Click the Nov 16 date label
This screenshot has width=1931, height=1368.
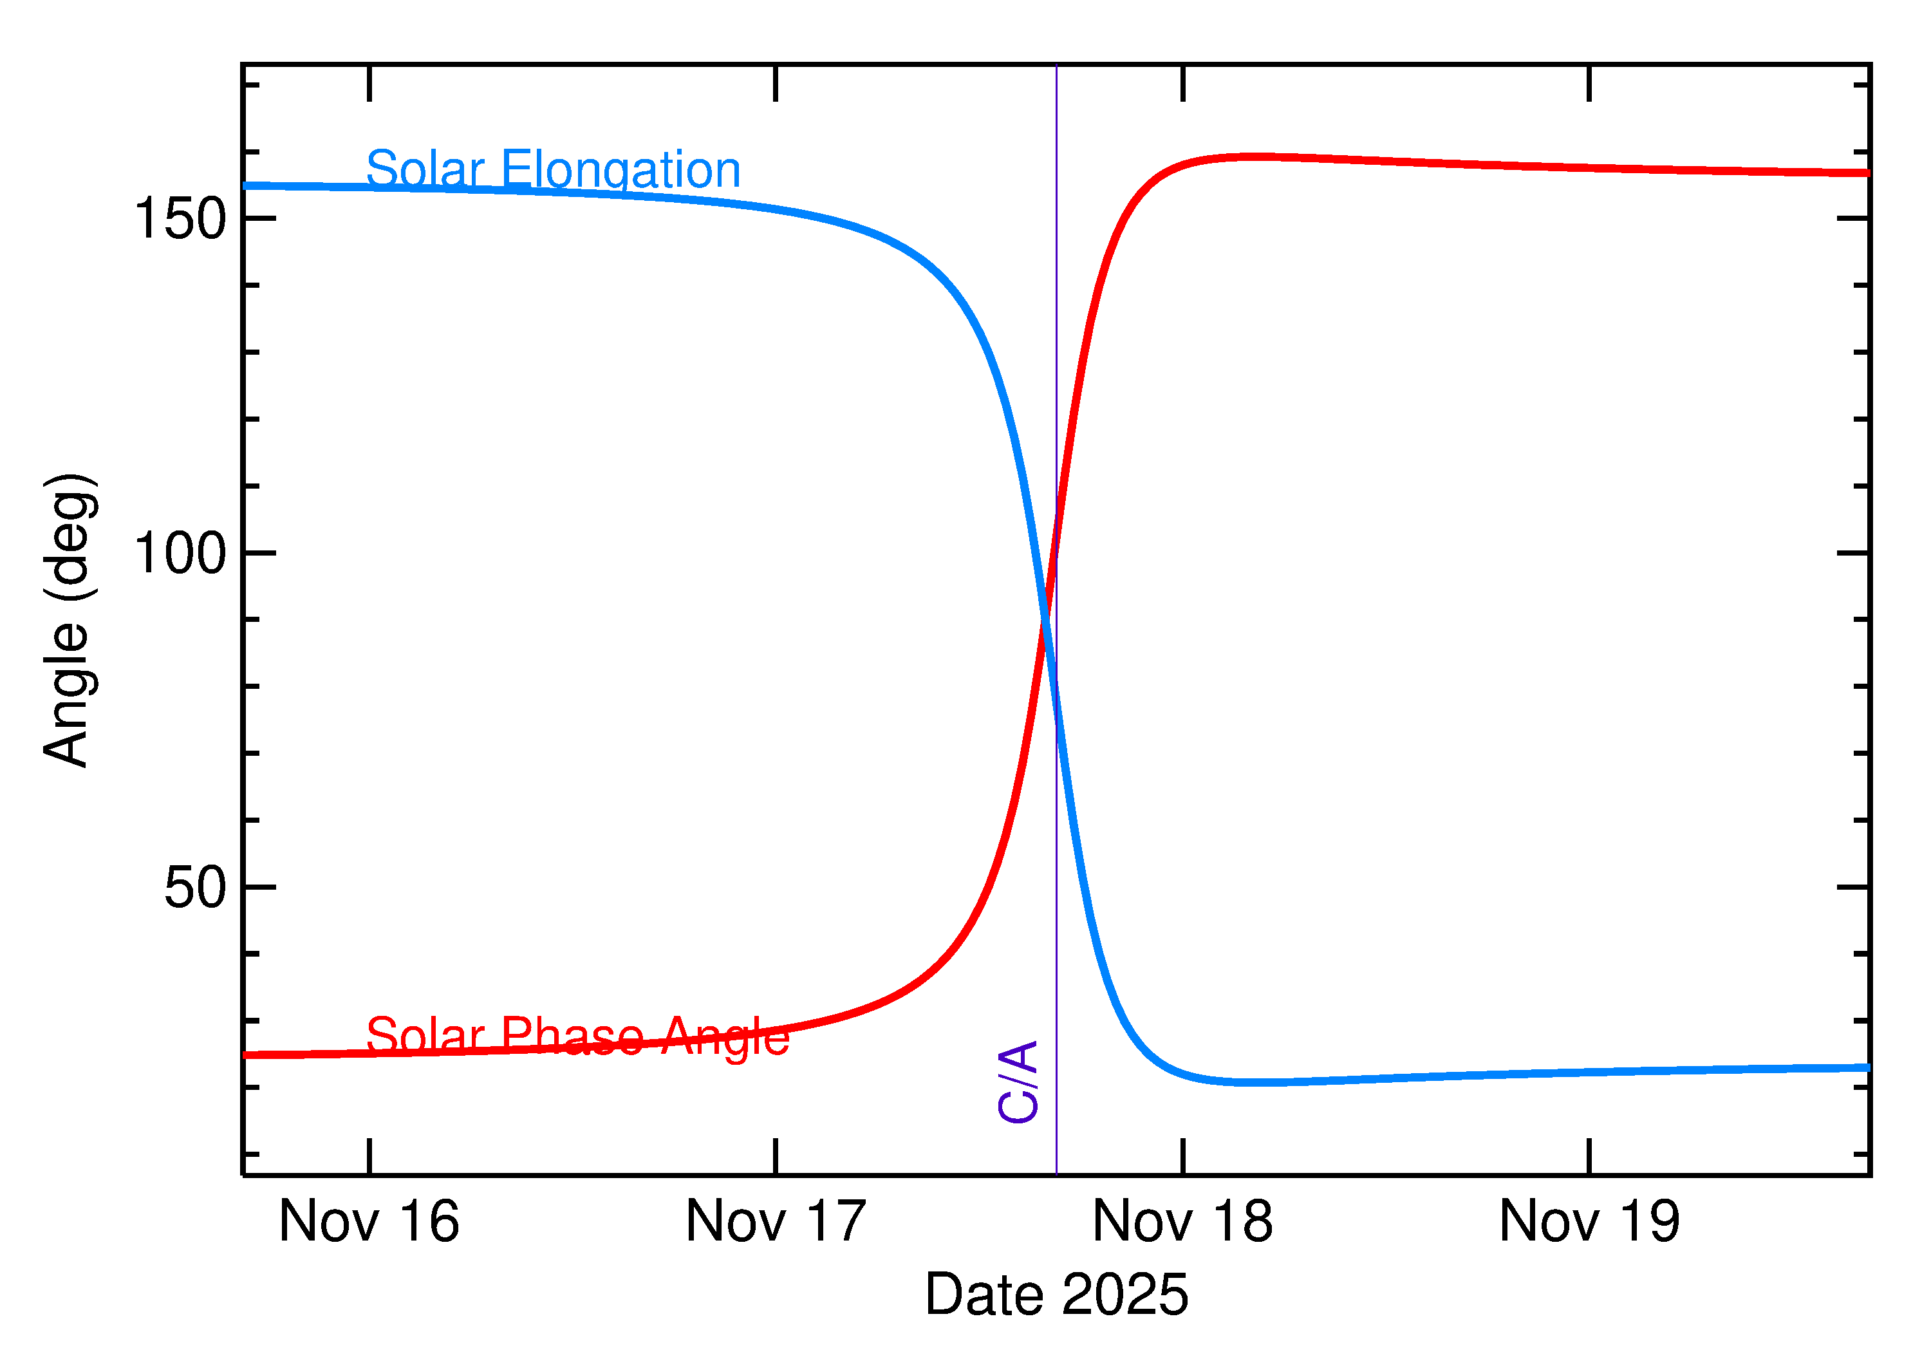point(369,1223)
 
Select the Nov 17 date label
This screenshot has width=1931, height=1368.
point(776,1223)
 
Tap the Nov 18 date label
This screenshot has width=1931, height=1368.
point(1182,1223)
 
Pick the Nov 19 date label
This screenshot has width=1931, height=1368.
point(1589,1223)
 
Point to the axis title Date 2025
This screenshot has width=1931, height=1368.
point(1056,1295)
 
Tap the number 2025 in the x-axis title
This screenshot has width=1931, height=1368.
point(1124,1295)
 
